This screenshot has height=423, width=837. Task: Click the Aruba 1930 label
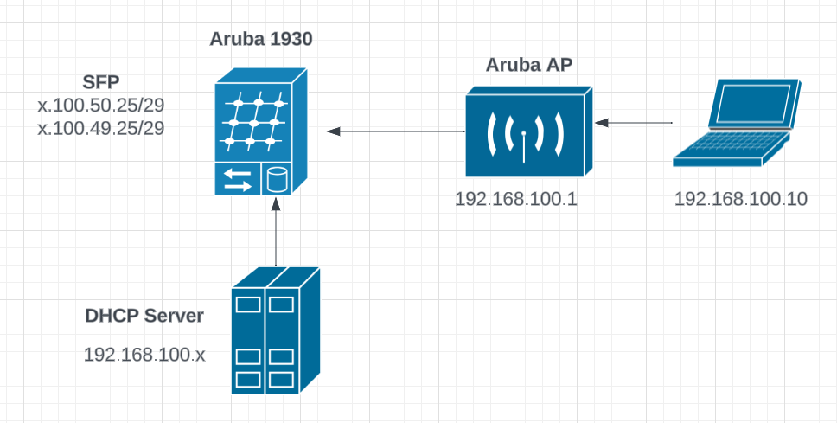click(x=261, y=40)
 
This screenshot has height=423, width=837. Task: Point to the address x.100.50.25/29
click(x=102, y=106)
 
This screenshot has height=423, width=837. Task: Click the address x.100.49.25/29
click(x=102, y=127)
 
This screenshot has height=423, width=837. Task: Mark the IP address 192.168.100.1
click(x=516, y=199)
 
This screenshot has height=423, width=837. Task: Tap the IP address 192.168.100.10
click(x=740, y=199)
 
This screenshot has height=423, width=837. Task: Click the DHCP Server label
click(x=144, y=316)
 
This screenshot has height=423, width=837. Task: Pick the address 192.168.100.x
click(x=144, y=355)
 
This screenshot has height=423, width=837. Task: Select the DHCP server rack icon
click(x=276, y=330)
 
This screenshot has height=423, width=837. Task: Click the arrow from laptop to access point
click(x=639, y=124)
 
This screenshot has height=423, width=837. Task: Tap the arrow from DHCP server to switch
click(x=276, y=233)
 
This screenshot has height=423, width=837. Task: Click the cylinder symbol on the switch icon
click(x=277, y=181)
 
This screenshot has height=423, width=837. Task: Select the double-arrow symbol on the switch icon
click(x=237, y=181)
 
